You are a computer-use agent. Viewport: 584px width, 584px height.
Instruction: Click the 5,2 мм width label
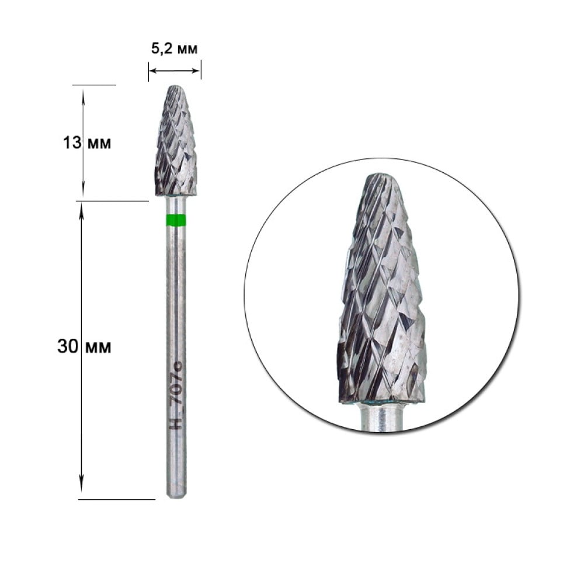tap(174, 48)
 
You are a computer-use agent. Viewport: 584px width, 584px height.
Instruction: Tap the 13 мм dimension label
tap(87, 142)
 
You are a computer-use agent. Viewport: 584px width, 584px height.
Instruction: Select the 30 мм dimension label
tap(84, 346)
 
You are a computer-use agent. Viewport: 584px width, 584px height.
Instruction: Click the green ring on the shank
tap(175, 221)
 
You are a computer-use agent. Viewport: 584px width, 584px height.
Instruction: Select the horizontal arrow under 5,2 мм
tap(174, 71)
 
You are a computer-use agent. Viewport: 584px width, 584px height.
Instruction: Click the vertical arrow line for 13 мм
tap(83, 142)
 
